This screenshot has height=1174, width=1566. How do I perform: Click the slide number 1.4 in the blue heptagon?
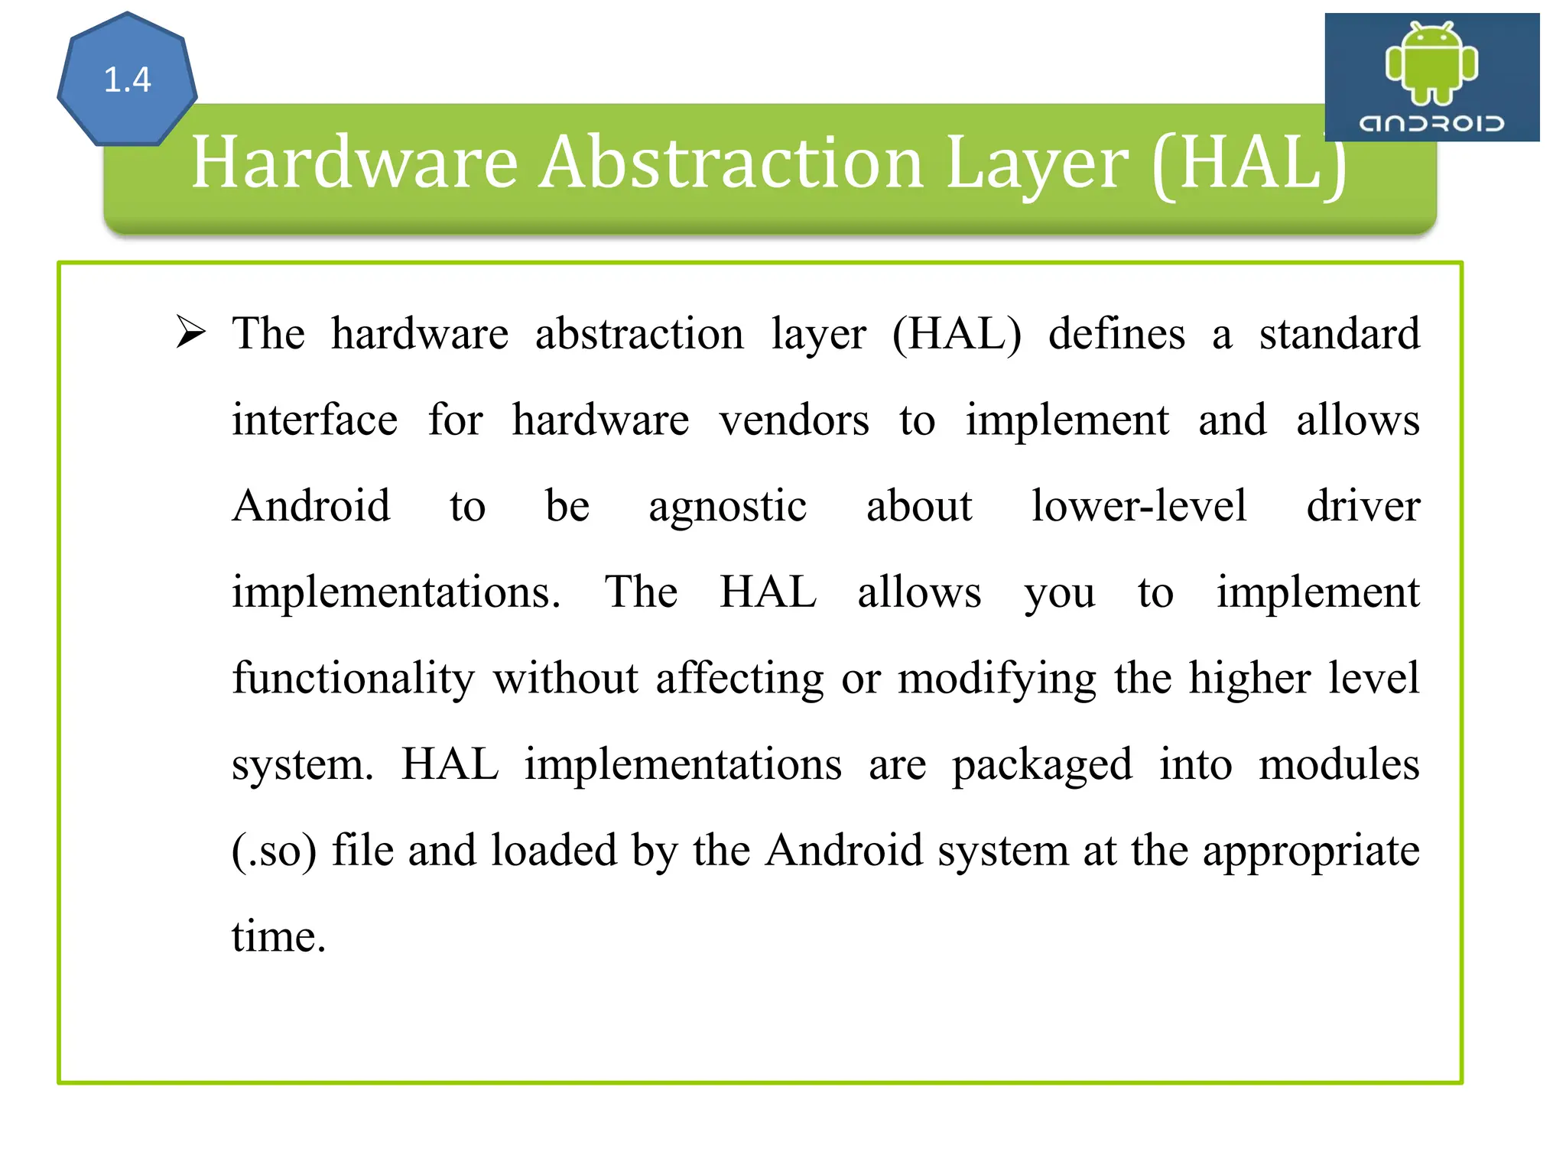click(127, 79)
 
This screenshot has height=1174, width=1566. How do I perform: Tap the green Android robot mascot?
click(1431, 63)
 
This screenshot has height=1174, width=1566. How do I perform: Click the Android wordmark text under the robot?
click(1431, 123)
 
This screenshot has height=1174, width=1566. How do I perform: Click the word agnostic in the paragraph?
click(727, 507)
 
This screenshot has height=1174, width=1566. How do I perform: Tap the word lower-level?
click(1139, 505)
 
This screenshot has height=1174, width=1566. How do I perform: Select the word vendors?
click(794, 420)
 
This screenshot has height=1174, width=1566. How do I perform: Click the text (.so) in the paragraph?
click(274, 851)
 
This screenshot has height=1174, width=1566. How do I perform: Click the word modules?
click(1339, 764)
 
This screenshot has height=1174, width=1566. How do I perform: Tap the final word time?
click(278, 936)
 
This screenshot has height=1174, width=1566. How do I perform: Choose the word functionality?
click(353, 679)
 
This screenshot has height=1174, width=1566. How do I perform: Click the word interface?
click(314, 420)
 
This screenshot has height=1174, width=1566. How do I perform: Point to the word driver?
click(1363, 505)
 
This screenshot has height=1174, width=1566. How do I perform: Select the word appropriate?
click(1311, 851)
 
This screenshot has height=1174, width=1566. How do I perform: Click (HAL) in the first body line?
click(957, 334)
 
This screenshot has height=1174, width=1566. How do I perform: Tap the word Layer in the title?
click(1037, 163)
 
